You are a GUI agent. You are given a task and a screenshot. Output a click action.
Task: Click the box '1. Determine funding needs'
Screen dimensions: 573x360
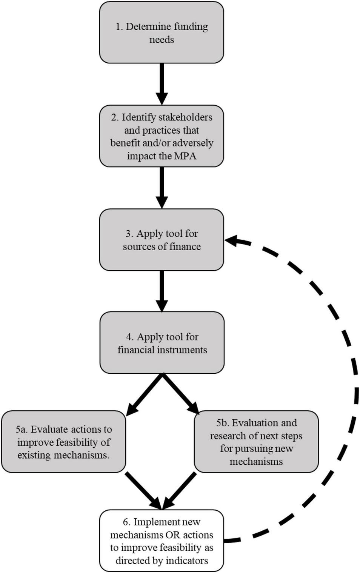tap(162, 33)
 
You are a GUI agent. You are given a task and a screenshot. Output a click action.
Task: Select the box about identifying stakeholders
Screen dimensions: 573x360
tap(162, 136)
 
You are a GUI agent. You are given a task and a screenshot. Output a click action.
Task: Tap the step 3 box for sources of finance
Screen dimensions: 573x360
tap(162, 240)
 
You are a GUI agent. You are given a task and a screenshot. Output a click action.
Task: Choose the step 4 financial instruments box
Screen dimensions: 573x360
tap(162, 343)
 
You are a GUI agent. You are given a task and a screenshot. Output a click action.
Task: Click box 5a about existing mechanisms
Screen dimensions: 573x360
tap(63, 442)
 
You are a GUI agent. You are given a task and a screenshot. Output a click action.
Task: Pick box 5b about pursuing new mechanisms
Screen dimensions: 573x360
tap(256, 442)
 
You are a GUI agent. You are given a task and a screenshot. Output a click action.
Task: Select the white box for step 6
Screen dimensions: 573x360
tap(162, 541)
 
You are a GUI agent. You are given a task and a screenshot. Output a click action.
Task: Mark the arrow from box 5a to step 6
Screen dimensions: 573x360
tap(144, 490)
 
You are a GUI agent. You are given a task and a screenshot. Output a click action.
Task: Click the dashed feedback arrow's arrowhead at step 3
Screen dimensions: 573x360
tap(231, 240)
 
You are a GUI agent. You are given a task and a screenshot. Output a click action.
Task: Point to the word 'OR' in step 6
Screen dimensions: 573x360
tap(170, 535)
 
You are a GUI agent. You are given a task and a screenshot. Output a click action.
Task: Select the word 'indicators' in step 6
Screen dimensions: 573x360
tap(187, 561)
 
